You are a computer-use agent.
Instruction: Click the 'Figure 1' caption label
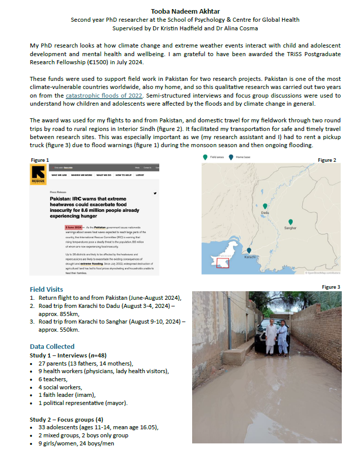pos(40,160)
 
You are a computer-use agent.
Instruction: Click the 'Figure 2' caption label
pos(327,160)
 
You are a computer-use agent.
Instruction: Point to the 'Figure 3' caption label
pos(331,287)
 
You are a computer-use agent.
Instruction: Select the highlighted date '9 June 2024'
pos(72,228)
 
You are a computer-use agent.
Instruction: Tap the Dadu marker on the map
pos(265,206)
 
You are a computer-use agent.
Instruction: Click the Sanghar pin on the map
pos(290,222)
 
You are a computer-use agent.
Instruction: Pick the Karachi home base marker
pos(249,250)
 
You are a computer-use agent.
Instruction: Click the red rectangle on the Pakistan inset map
pos(222,263)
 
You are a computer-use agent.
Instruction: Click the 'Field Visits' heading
pos(47,289)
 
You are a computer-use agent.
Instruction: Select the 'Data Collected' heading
pos(51,346)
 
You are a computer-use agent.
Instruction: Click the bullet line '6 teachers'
pos(53,379)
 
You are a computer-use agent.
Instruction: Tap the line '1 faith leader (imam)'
pos(69,395)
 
